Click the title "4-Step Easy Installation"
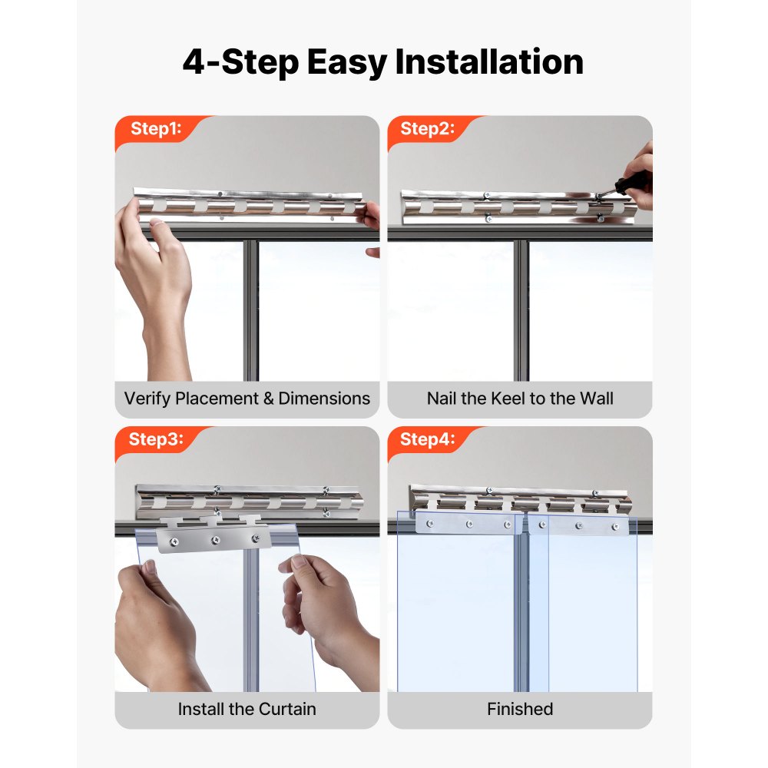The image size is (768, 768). (x=383, y=62)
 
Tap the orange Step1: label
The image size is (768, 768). (x=156, y=129)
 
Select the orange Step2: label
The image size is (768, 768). (x=428, y=129)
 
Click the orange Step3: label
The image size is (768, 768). (x=156, y=439)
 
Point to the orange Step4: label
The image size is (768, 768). (x=428, y=439)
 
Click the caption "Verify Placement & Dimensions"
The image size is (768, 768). (x=247, y=399)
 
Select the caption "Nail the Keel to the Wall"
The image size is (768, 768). (x=520, y=399)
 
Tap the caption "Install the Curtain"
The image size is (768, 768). (x=247, y=709)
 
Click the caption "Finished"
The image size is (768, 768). (x=520, y=709)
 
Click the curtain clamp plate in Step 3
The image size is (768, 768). (x=214, y=538)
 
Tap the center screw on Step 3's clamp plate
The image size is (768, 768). (x=215, y=541)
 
